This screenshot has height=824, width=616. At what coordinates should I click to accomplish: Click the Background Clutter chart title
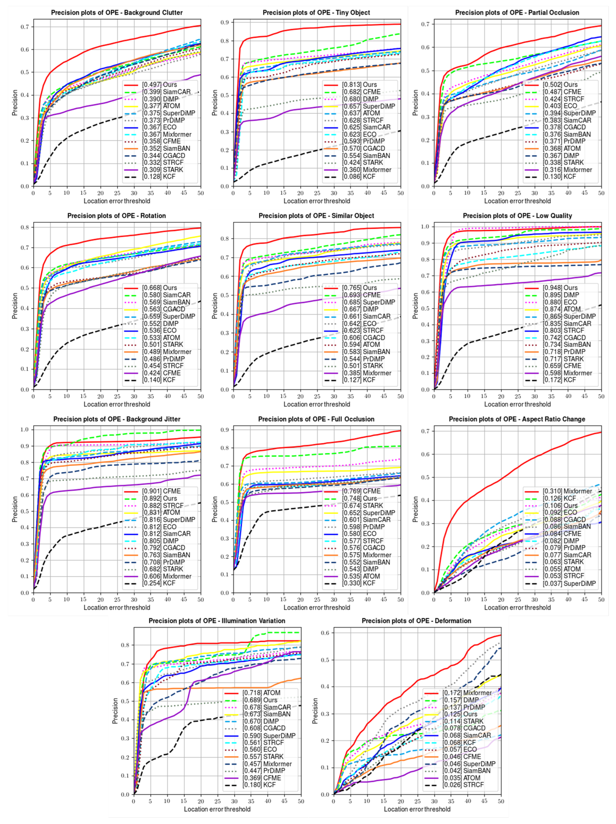point(117,13)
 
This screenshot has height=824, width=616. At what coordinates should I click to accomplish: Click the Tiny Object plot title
point(316,13)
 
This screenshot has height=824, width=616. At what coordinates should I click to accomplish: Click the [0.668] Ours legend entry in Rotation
point(159,288)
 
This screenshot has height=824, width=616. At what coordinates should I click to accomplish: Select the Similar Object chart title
point(316,216)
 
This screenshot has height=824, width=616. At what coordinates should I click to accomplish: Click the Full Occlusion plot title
point(316,419)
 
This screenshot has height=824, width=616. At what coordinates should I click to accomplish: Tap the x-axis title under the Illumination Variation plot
point(217,809)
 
